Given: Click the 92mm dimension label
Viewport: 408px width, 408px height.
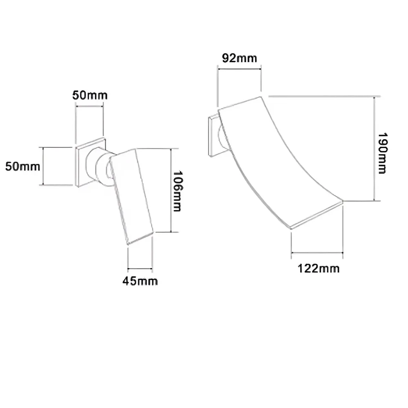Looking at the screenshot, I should click(239, 58).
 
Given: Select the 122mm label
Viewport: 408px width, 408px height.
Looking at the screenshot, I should click(318, 268).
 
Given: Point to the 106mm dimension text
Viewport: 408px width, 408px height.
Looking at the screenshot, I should click(177, 191).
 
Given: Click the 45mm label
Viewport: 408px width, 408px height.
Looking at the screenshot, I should click(140, 281).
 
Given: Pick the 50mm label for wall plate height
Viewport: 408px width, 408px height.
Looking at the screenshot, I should click(22, 166).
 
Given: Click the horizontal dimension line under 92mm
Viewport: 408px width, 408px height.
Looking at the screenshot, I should click(239, 69).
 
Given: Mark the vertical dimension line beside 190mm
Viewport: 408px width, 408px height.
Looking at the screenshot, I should click(374, 149).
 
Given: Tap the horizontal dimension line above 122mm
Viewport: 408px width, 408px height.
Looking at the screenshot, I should click(317, 253).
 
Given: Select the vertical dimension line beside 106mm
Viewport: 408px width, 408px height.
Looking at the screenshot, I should click(171, 190).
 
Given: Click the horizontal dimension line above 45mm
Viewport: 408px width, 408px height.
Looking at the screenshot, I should click(140, 268).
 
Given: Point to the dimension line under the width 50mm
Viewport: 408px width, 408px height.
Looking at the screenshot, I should click(89, 106).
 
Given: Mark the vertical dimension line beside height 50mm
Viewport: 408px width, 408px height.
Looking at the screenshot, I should click(43, 166).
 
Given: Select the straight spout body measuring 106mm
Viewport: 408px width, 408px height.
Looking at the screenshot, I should click(133, 196).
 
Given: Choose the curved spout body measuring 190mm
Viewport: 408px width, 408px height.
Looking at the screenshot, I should click(277, 159).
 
